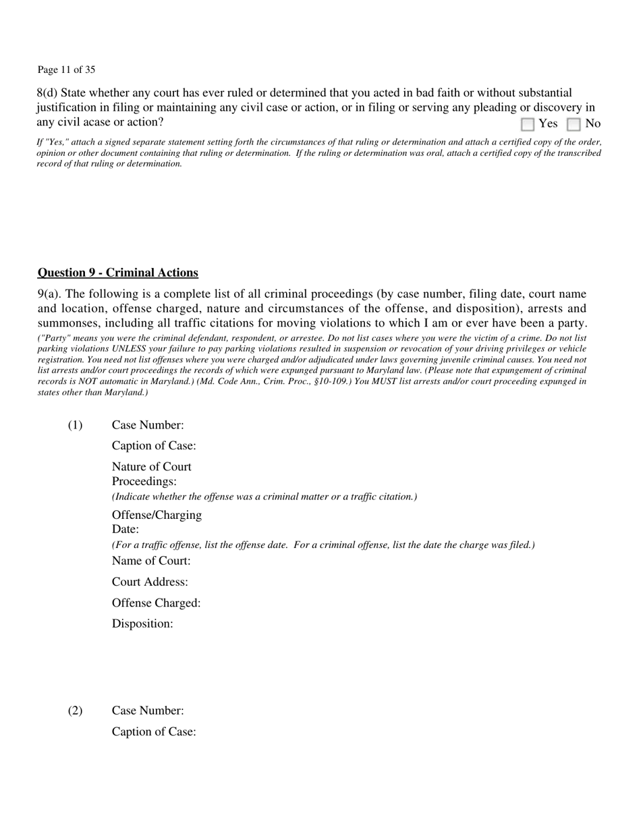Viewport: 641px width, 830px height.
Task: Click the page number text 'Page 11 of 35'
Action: pos(66,70)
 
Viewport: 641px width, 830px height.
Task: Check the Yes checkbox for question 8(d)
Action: pos(528,124)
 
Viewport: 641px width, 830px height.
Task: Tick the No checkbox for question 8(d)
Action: pos(574,124)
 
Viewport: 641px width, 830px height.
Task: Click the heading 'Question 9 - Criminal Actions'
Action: pos(118,273)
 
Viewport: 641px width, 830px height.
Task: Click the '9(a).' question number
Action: pos(51,294)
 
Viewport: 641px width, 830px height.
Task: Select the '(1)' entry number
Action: pos(75,425)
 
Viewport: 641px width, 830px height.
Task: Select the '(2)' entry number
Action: pos(75,711)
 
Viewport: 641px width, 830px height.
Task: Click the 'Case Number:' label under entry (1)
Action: pos(148,425)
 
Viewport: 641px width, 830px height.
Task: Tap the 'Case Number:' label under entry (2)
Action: pos(148,711)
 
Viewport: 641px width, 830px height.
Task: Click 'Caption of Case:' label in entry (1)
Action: pos(154,446)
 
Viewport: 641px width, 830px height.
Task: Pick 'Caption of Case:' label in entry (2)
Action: pos(154,731)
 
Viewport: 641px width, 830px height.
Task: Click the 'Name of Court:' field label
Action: pos(151,561)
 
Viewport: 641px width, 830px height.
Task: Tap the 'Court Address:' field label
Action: pos(150,582)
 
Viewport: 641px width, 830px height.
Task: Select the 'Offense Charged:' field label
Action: pos(156,603)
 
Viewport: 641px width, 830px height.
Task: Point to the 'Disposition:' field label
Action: pos(142,624)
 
